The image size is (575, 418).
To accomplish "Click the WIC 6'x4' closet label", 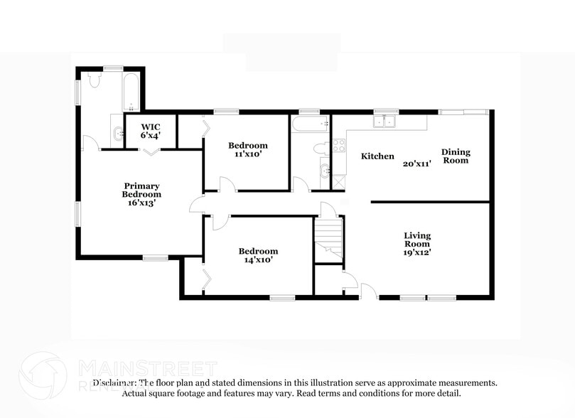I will [x=151, y=130].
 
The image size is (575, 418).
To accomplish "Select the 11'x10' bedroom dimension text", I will [x=247, y=154].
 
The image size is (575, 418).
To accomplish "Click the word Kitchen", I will [x=377, y=156].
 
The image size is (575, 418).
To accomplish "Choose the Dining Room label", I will [x=456, y=156].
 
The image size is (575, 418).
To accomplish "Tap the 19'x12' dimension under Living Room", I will [x=417, y=252].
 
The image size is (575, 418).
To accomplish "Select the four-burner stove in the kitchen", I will [x=338, y=146].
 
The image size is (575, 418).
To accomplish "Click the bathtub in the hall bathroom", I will [x=310, y=125].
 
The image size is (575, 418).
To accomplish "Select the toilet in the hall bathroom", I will [x=321, y=148].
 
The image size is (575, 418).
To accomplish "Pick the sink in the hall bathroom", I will [x=324, y=171].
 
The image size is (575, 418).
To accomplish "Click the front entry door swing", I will [x=367, y=291].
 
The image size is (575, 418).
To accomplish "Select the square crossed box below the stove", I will [x=338, y=181].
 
